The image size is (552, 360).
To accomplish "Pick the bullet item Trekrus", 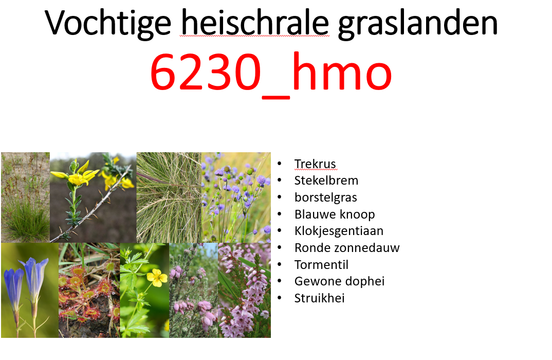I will [315, 164].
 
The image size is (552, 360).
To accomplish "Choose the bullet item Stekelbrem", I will [326, 181].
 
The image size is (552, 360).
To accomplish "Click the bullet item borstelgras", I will [325, 197].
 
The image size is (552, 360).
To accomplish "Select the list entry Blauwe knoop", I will [335, 214].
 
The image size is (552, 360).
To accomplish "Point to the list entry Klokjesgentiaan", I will [339, 231].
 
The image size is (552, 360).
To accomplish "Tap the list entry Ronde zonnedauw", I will [347, 248].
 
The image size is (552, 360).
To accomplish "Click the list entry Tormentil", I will [321, 264].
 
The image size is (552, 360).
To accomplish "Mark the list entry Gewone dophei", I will [339, 281].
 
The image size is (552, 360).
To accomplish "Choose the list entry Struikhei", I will [319, 298].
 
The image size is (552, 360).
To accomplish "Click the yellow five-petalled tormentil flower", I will [157, 277].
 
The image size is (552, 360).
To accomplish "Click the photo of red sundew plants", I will [89, 291].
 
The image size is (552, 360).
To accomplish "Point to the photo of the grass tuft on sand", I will [25, 197].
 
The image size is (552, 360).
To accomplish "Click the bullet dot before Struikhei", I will [280, 298].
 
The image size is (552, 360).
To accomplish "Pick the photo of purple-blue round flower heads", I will [236, 197].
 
